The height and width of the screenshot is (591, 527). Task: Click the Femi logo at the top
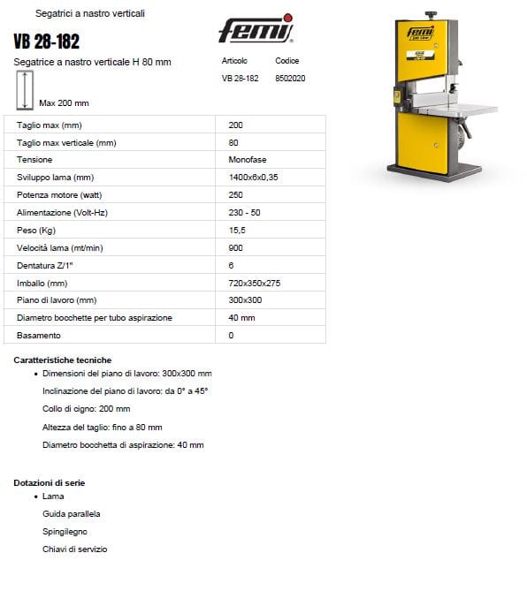coord(256,32)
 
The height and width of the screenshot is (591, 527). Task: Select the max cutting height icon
coord(25,90)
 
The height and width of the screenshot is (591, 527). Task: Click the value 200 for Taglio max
coord(235,125)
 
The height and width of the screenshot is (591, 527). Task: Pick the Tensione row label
coord(34,160)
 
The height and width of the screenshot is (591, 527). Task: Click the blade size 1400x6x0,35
coord(253,178)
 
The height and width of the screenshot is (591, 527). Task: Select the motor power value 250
coord(235,195)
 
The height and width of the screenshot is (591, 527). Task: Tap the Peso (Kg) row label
coord(36,230)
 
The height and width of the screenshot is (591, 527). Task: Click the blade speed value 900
coord(235,247)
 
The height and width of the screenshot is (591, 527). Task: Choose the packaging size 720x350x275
coord(254,283)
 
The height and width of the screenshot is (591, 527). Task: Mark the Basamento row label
coord(39,336)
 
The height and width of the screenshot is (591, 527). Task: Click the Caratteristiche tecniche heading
coord(63,360)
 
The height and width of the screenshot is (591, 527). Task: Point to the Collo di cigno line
coord(86,409)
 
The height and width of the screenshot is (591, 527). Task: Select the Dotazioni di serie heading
coord(50,483)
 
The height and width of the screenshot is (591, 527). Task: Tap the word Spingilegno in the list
coord(65,532)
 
